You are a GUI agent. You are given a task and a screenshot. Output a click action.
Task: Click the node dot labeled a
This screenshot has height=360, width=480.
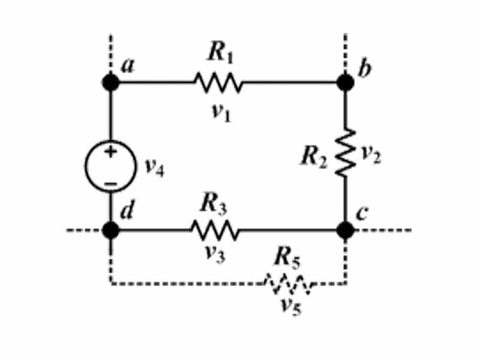tap(111, 83)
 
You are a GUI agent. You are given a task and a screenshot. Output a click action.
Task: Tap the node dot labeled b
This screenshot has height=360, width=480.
tap(346, 83)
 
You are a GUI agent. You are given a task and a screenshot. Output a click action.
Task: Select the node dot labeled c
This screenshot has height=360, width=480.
tap(346, 230)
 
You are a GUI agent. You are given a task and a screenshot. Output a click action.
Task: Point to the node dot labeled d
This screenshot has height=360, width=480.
tap(111, 230)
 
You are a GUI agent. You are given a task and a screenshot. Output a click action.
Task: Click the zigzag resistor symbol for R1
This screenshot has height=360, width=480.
tap(218, 83)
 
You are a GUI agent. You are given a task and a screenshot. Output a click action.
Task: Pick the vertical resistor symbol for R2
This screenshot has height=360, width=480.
tap(346, 152)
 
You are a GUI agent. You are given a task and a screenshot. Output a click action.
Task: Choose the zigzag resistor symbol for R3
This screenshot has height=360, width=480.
tap(215, 230)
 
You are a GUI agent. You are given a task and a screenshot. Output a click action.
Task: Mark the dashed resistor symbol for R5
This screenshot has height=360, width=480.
tap(289, 284)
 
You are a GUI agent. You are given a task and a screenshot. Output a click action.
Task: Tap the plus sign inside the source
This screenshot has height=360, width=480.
tap(110, 152)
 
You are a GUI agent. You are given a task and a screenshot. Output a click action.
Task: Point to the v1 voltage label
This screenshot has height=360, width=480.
tap(220, 113)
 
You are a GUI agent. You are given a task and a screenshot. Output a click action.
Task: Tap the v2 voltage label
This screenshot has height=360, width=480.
tap(370, 155)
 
